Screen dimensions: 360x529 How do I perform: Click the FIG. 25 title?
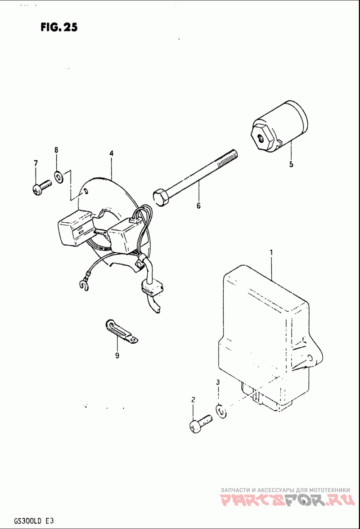coord(59,27)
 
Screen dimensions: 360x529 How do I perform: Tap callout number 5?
coord(291,164)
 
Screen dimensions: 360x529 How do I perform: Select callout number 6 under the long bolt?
coord(198,206)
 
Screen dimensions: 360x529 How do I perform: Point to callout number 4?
coord(111,153)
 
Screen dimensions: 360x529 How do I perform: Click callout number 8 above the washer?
coord(56,150)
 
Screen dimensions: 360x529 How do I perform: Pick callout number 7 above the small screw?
coord(36,163)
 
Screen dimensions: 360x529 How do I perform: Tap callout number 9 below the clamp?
coord(117,355)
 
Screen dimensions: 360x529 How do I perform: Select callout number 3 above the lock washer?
coord(218,382)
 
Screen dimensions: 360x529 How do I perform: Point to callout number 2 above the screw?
coord(193,400)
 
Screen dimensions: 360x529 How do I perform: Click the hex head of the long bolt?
coord(160,197)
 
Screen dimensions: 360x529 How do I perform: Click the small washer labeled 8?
coord(58,176)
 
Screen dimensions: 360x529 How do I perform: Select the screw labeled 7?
coord(42,187)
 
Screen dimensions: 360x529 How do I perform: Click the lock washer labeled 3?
coord(221,411)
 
